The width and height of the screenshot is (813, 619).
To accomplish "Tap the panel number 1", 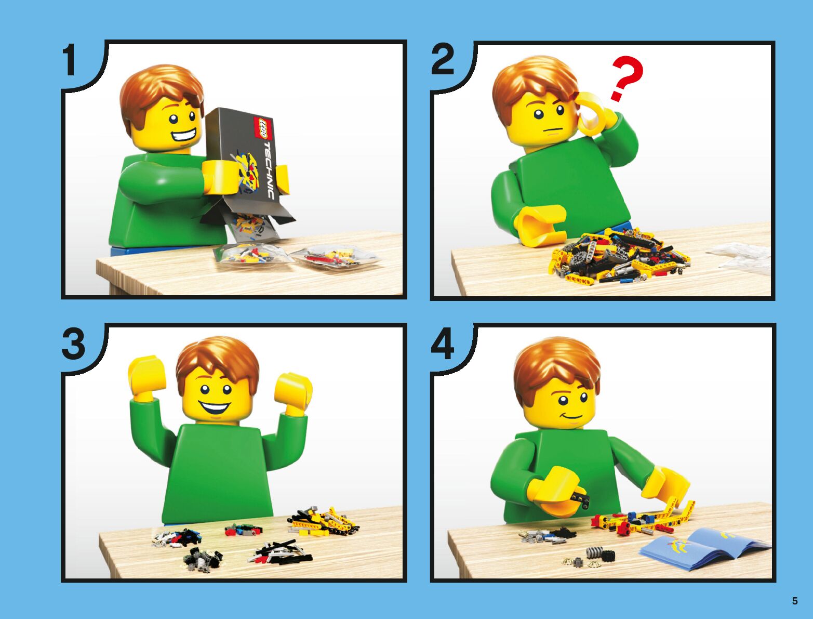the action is [70, 60].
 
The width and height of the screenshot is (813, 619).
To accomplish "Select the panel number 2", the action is [442, 60].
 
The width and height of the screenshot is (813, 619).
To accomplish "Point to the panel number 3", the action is [74, 344].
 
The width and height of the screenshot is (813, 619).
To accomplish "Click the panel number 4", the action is [443, 344].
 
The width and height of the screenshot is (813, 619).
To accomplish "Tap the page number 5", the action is [795, 601].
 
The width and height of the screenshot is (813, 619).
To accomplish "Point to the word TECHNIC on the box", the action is [268, 170].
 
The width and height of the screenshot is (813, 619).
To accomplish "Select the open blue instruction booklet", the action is [705, 549].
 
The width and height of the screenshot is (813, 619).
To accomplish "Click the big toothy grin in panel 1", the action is [184, 136].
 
